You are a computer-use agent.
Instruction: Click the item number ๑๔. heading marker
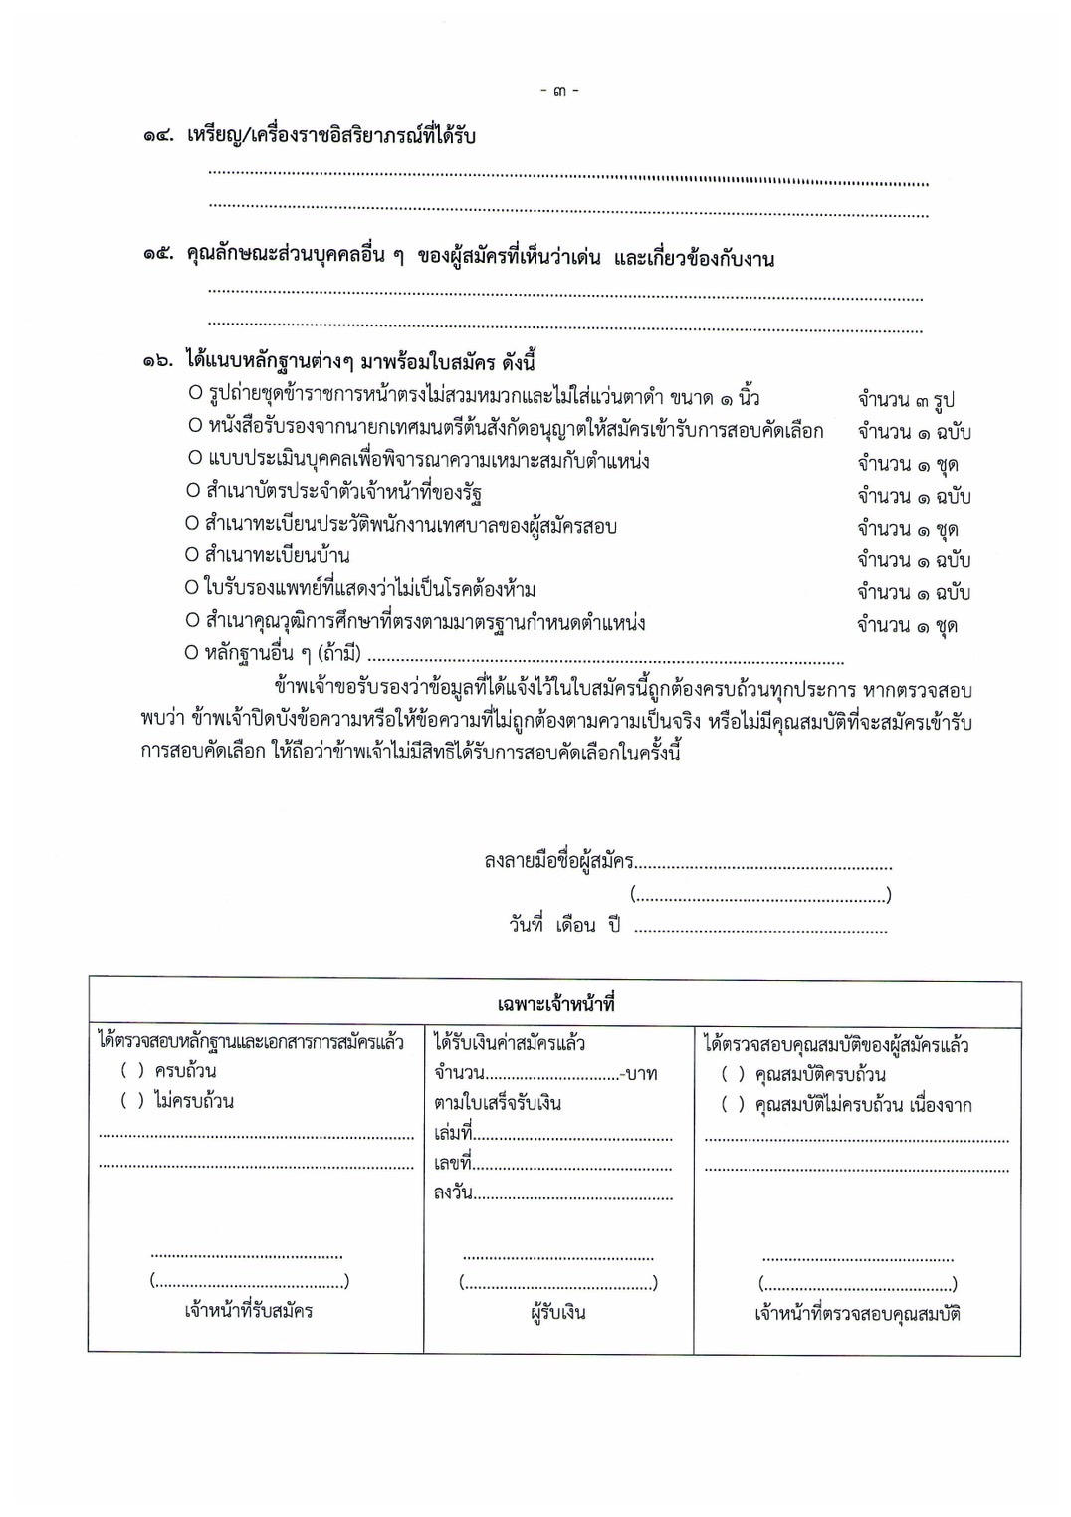tap(159, 137)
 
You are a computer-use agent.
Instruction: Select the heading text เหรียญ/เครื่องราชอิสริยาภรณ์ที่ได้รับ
tap(330, 136)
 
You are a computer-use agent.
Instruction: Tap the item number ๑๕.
tap(159, 257)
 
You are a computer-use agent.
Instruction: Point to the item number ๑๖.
tap(159, 362)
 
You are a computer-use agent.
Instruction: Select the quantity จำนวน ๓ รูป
tap(906, 400)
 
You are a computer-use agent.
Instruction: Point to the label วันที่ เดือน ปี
tap(564, 925)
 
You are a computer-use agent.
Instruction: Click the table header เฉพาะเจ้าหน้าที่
tap(555, 1003)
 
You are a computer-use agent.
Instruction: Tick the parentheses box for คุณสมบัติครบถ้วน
tap(733, 1075)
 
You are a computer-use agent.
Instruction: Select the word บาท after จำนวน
tap(643, 1075)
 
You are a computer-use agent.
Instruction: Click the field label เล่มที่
tap(453, 1133)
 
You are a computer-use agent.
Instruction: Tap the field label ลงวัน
tap(453, 1192)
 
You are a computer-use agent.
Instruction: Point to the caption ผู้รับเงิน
tap(557, 1312)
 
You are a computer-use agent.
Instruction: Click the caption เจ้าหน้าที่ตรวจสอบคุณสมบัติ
tap(857, 1314)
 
